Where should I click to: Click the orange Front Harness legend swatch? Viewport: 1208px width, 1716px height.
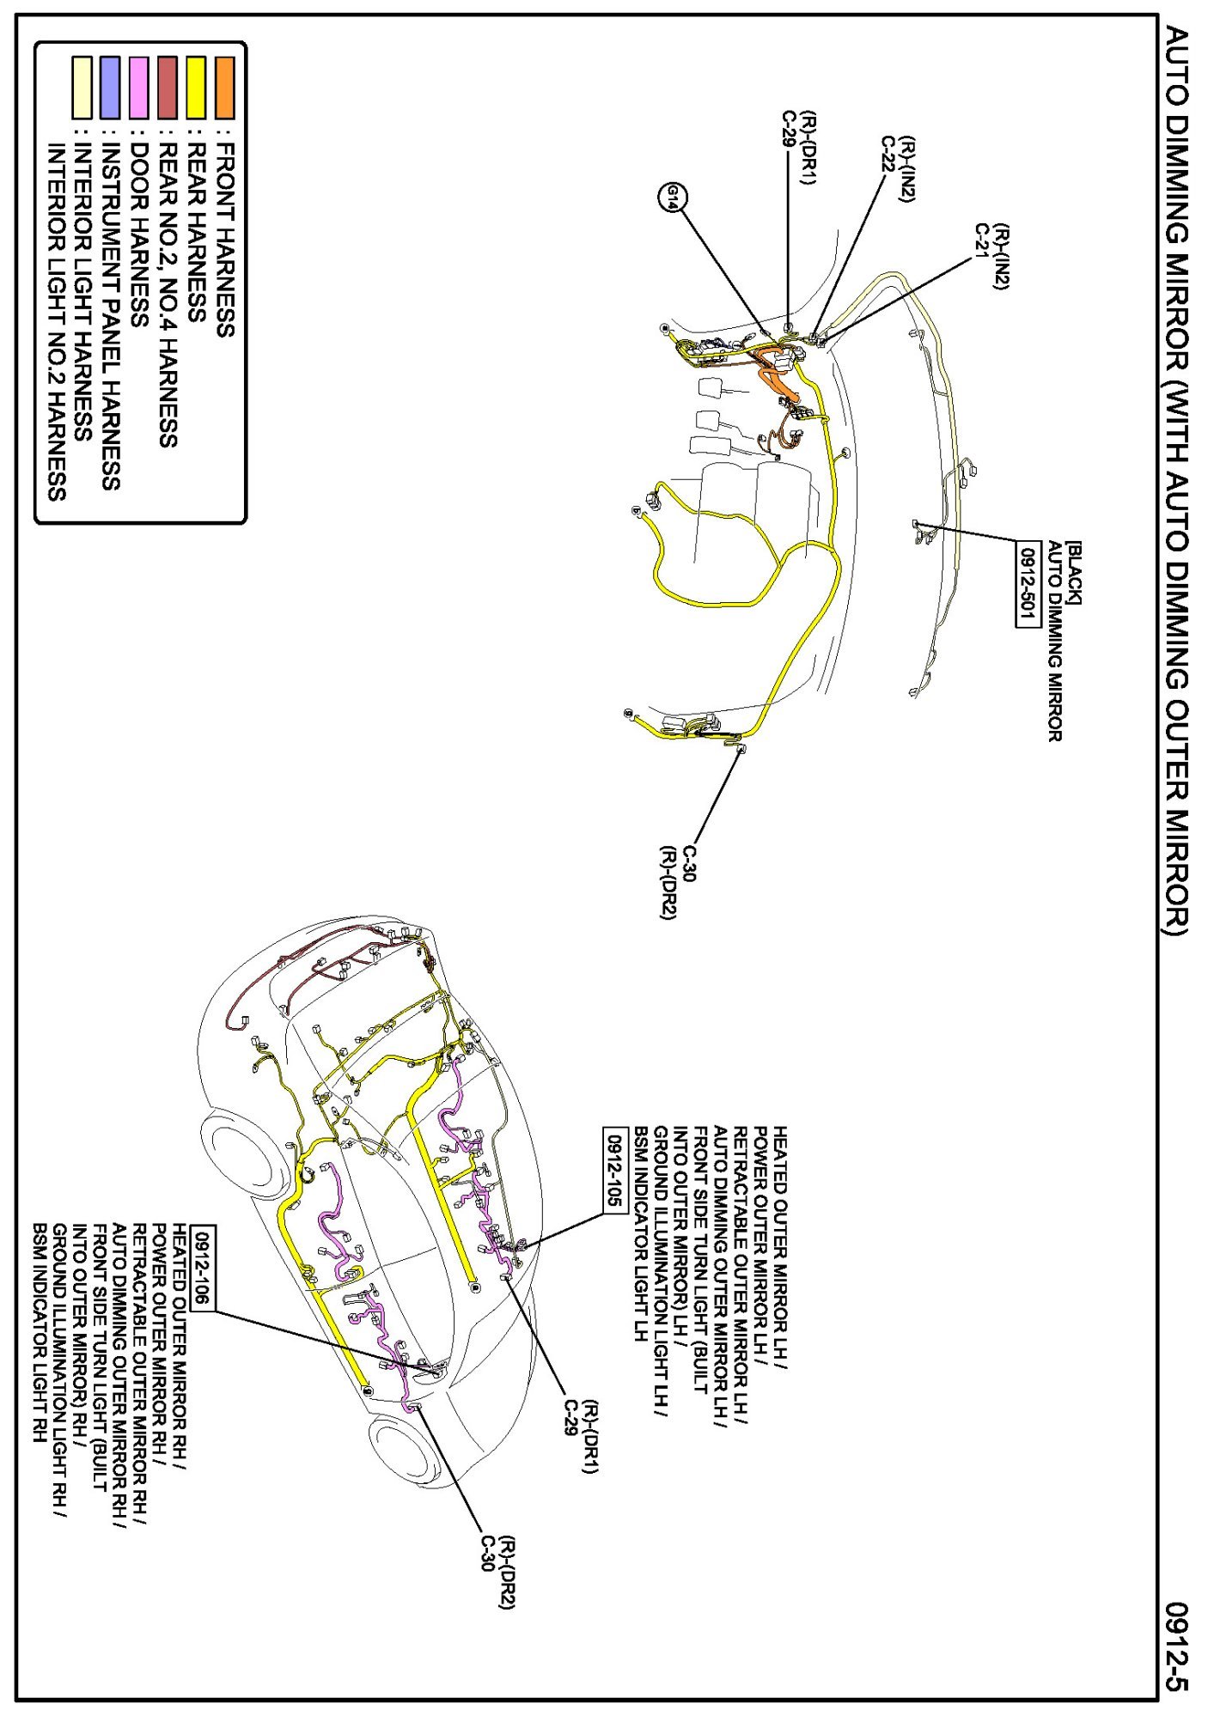(224, 88)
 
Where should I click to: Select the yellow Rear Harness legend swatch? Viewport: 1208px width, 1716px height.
(196, 88)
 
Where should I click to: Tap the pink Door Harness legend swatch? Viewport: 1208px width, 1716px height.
(138, 88)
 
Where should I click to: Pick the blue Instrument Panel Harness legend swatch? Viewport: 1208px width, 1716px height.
(110, 88)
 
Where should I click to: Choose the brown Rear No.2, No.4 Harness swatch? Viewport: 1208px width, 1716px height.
(168, 88)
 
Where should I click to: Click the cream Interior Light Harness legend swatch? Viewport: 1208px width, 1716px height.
(82, 88)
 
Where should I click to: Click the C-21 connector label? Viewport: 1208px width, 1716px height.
(981, 241)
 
